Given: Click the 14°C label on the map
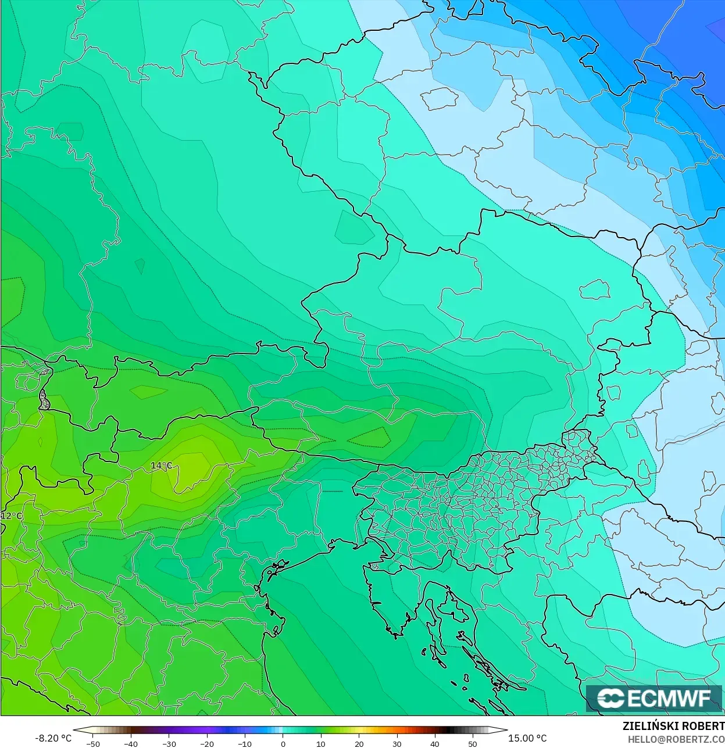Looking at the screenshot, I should pos(161,466).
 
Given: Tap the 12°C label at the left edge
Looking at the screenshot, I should pos(12,516).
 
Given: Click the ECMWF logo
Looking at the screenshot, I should pos(654,698).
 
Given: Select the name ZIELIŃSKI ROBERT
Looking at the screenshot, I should pos(673,726).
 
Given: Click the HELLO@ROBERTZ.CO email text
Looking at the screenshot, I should pos(676,739).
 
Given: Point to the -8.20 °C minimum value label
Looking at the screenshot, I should pos(53,738).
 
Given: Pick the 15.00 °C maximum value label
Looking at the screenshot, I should pos(527,738).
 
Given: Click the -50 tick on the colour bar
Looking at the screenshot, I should pos(92,743).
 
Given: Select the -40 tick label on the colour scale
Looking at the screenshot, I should pos(131,743).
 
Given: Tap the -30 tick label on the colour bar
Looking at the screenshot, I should pos(169,743).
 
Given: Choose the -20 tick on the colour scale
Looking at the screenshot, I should pos(207,743).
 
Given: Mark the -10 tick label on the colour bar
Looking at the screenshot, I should pos(245,743).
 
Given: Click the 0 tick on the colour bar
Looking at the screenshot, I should pos(283,743).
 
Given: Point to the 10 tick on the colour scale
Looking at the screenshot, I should pos(321,743).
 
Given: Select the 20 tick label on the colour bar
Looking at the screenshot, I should pos(359,743).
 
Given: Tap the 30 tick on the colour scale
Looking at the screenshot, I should pos(397,743).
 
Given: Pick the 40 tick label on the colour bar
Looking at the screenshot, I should pos(435,743).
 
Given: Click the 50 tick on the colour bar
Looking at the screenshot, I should pos(473,743).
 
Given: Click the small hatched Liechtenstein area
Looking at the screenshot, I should pos(44,400).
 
